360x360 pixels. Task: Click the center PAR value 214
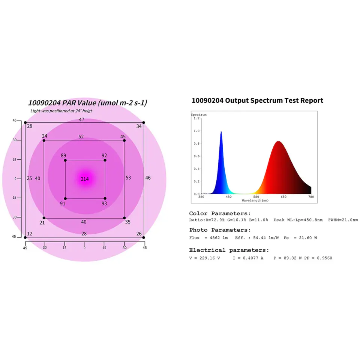[85, 179]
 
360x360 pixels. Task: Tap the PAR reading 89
[63, 156]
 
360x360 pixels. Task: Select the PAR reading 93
[104, 203]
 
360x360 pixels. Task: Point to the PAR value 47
[81, 120]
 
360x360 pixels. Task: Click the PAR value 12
[30, 234]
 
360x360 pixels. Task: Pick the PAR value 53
[128, 177]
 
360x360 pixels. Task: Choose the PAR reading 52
[81, 137]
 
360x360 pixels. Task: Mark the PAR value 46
[148, 177]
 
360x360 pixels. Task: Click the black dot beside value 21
[44, 218]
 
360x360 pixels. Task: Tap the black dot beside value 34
[144, 123]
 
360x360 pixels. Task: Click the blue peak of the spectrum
[221, 132]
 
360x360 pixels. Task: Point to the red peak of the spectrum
[278, 142]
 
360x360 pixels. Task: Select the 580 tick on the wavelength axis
[256, 197]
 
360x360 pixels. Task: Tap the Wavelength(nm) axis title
[255, 201]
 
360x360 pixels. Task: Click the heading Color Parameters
[220, 213]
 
